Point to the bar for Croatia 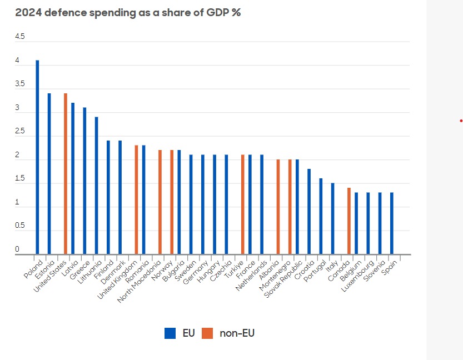coord(309,212)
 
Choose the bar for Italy coord(332,219)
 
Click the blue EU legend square coord(170,333)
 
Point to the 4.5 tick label coord(20,37)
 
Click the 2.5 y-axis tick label coord(20,131)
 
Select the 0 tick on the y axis coord(17,249)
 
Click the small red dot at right coord(461,121)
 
